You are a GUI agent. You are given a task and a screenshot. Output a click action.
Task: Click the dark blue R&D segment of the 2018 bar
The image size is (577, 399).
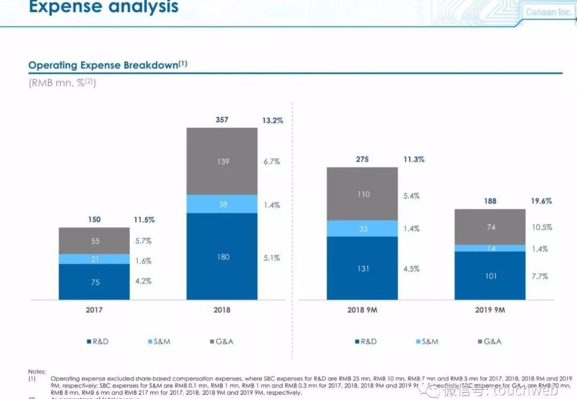[222, 256]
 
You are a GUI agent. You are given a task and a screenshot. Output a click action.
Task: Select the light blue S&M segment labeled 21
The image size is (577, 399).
[94, 259]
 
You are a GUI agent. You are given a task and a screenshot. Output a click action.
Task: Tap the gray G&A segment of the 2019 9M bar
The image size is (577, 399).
[490, 227]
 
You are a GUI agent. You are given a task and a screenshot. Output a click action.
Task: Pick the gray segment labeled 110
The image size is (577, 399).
[362, 194]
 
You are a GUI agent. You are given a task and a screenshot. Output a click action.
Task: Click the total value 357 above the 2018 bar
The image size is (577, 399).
[222, 120]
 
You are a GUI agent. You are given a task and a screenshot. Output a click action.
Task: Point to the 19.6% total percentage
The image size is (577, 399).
[541, 201]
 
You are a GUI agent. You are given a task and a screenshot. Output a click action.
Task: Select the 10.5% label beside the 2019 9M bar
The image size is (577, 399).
[541, 228]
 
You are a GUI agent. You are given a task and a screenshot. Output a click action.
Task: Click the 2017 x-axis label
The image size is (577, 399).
[94, 310]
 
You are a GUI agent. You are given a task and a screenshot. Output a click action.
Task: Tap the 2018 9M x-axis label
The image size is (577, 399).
[362, 310]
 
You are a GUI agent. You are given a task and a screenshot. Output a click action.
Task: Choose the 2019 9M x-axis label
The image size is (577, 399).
[490, 310]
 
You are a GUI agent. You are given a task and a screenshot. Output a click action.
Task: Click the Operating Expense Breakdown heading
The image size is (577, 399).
[107, 65]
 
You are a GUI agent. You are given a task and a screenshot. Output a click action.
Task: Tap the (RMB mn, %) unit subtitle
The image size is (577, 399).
[62, 83]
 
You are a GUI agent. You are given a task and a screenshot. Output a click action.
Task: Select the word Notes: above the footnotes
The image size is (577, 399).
[37, 371]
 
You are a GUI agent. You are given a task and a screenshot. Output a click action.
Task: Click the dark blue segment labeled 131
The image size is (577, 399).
[362, 269]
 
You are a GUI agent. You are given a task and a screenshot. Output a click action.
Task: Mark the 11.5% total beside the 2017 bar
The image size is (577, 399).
[144, 220]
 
